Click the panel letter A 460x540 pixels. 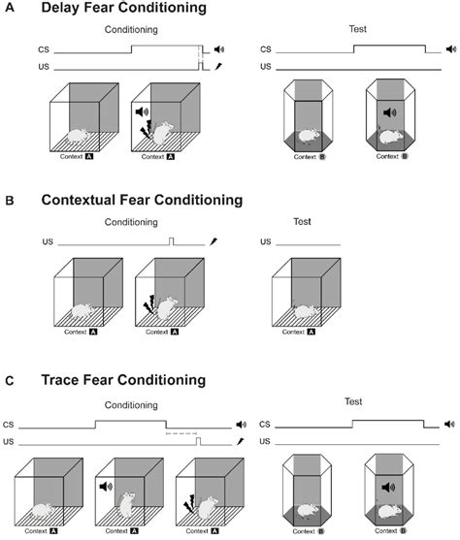pyautogui.click(x=10, y=8)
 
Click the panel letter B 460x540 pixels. pyautogui.click(x=10, y=201)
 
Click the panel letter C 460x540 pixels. pyautogui.click(x=10, y=381)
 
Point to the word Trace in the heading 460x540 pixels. pyautogui.click(x=60, y=380)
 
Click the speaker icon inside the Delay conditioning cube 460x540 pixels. pyautogui.click(x=142, y=111)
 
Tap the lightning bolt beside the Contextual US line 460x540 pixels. pyautogui.click(x=214, y=241)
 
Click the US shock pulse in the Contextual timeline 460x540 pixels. pyautogui.click(x=172, y=241)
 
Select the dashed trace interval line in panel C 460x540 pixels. pyautogui.click(x=181, y=433)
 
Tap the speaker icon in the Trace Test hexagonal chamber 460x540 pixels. pyautogui.click(x=389, y=487)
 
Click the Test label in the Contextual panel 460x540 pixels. pyautogui.click(x=302, y=221)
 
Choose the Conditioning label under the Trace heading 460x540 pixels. pyautogui.click(x=131, y=405)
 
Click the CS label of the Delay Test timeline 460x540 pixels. pyautogui.click(x=266, y=49)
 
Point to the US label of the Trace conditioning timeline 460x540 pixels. pyautogui.click(x=9, y=441)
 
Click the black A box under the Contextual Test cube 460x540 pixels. pyautogui.click(x=312, y=332)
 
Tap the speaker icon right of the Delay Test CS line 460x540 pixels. pyautogui.click(x=451, y=48)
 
